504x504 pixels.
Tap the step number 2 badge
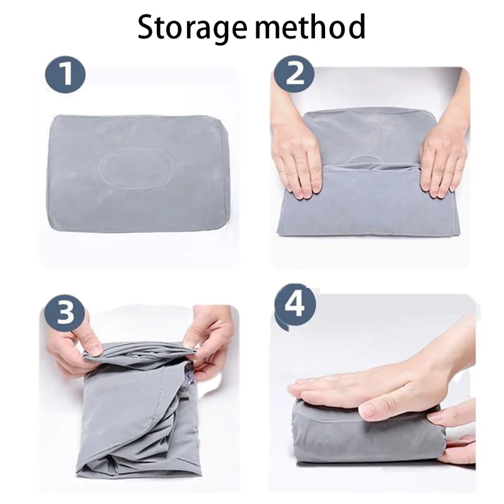[x=294, y=75]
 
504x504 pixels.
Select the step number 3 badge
[x=65, y=313]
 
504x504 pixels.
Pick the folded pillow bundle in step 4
[x=359, y=435]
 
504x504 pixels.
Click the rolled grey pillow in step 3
[x=135, y=416]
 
